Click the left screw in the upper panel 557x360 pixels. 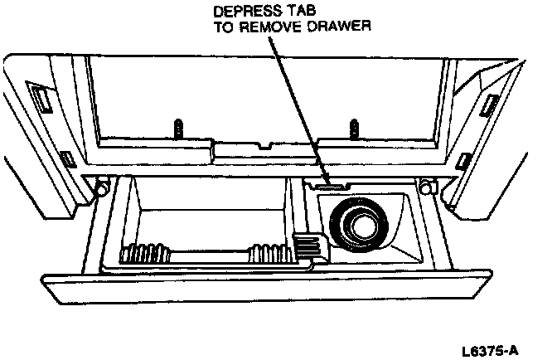pyautogui.click(x=177, y=129)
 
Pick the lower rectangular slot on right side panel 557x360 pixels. pyautogui.click(x=465, y=158)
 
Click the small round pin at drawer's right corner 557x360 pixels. pyautogui.click(x=426, y=185)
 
